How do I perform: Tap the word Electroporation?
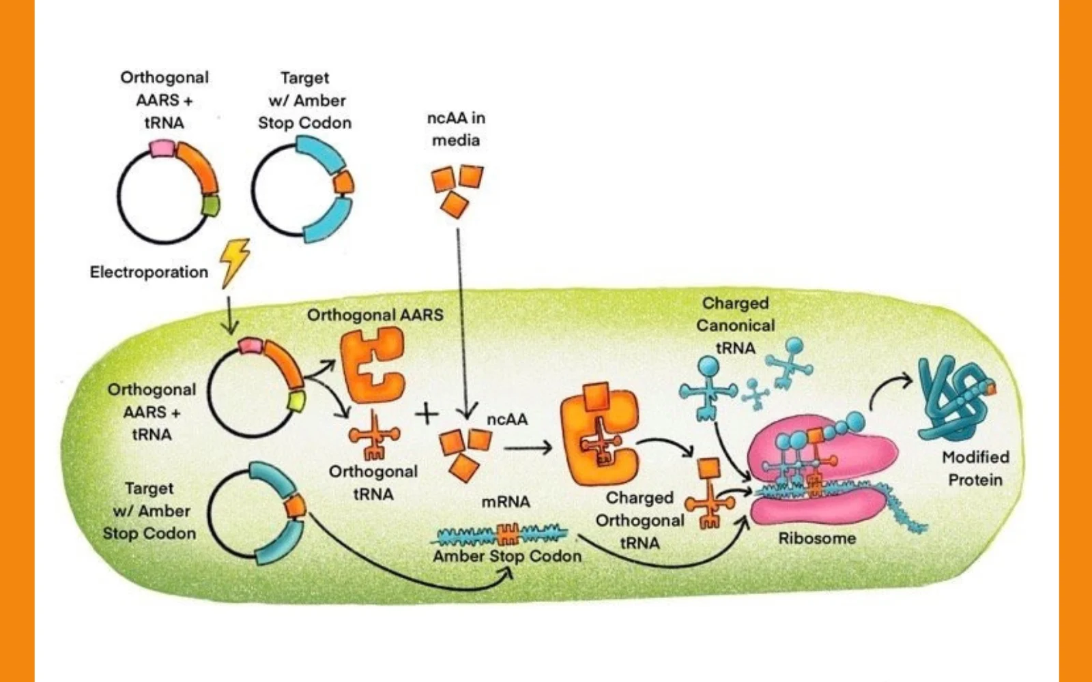pyautogui.click(x=149, y=272)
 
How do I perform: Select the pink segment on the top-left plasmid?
pyautogui.click(x=162, y=148)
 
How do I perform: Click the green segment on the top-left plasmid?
pyautogui.click(x=210, y=205)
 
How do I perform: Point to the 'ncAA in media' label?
pyautogui.click(x=456, y=129)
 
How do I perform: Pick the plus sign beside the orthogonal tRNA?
pyautogui.click(x=427, y=413)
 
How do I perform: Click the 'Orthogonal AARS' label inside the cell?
pyautogui.click(x=375, y=315)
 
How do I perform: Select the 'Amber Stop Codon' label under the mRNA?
pyautogui.click(x=507, y=557)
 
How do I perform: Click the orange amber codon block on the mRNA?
pyautogui.click(x=507, y=533)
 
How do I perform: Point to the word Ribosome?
pyautogui.click(x=817, y=539)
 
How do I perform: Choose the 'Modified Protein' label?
pyautogui.click(x=975, y=469)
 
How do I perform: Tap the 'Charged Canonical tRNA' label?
pyautogui.click(x=735, y=325)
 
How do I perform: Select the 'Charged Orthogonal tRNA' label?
pyautogui.click(x=640, y=520)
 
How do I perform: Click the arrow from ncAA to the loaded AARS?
pyautogui.click(x=528, y=448)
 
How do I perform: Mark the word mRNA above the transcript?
pyautogui.click(x=506, y=502)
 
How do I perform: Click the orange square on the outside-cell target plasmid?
pyautogui.click(x=343, y=183)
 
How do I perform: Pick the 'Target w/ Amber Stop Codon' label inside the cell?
pyautogui.click(x=149, y=511)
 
